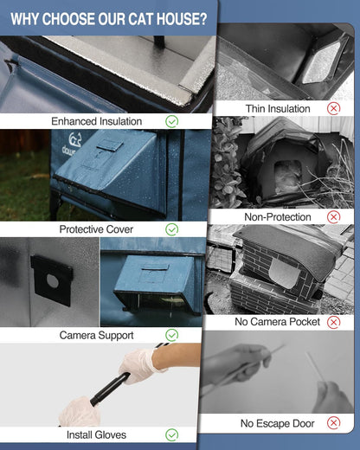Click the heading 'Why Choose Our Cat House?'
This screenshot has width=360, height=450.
click(108, 18)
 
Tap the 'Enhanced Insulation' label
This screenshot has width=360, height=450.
click(96, 122)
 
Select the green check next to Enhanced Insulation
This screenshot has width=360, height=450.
click(171, 122)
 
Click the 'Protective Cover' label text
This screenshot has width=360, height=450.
click(95, 229)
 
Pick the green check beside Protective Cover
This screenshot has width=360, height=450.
click(171, 229)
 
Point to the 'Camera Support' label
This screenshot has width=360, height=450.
click(96, 335)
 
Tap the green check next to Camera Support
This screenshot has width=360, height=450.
click(171, 335)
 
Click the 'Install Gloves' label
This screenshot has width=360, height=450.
click(96, 434)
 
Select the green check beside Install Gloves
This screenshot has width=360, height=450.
click(171, 434)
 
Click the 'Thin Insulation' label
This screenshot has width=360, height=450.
click(277, 109)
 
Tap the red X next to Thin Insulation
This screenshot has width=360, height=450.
click(333, 109)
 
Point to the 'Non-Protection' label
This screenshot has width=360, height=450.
click(277, 217)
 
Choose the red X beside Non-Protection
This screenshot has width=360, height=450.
click(333, 217)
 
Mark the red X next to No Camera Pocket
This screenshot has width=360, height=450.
click(333, 322)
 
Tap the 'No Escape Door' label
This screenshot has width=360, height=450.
click(278, 423)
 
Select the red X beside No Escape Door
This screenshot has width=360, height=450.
click(333, 423)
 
